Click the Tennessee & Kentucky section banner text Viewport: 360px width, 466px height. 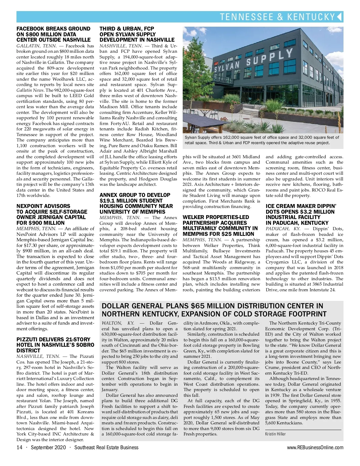[277, 17]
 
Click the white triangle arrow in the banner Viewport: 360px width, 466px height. [339, 16]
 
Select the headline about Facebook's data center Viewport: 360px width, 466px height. [53, 34]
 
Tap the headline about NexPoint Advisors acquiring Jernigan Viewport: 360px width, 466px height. [52, 214]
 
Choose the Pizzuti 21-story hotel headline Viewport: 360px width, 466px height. [55, 345]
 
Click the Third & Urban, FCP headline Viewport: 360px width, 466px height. [137, 34]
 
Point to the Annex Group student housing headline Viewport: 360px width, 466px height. [136, 203]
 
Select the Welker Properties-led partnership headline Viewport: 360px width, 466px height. [220, 225]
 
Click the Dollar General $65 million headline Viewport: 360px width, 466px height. [214, 310]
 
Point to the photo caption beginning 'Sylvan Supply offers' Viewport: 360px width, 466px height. [262, 140]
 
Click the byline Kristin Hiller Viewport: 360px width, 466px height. [275, 434]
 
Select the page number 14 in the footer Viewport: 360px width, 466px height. [19, 447]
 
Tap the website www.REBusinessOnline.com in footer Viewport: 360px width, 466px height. [315, 447]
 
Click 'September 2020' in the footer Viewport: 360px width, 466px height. [46, 447]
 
